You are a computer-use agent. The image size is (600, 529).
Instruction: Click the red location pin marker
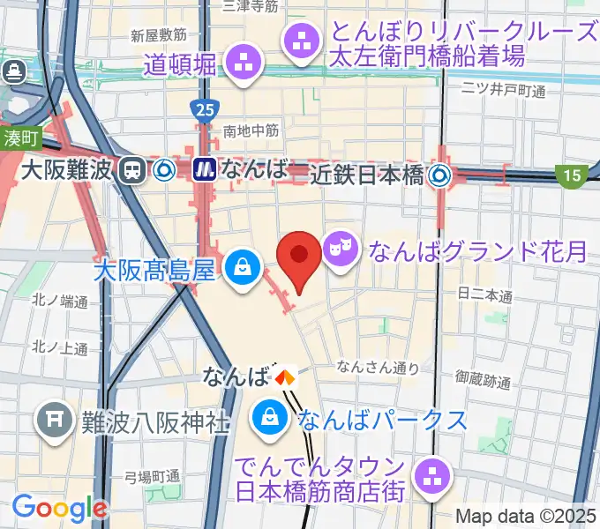pos(298,257)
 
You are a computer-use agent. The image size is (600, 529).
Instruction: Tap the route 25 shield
pos(202,109)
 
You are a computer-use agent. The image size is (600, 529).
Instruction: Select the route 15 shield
pos(571,177)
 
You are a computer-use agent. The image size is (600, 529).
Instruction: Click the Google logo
pos(59,508)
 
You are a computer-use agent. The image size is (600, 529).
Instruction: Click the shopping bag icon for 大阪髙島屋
pos(241,265)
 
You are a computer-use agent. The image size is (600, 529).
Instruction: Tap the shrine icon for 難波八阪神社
pos(54,416)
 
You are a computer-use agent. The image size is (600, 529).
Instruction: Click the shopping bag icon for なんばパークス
pos(266,417)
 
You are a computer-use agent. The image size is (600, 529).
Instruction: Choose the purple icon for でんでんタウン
pos(432,476)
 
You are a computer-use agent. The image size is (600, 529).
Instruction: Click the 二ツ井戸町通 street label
pos(504,90)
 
